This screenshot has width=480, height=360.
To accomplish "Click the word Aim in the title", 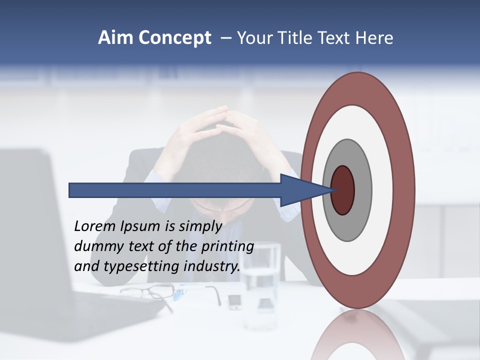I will [x=115, y=38].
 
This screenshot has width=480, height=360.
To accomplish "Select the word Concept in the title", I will [x=174, y=38].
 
